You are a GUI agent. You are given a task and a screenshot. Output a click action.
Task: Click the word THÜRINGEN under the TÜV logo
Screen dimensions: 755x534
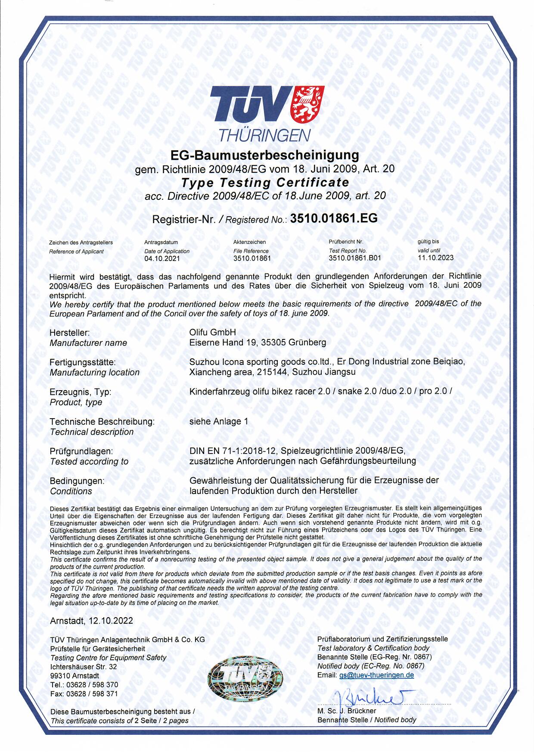[264, 136]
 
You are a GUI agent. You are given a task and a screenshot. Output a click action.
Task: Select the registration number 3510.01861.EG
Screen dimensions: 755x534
[334, 218]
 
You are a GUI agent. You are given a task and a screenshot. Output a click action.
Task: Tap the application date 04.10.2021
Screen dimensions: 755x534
[162, 259]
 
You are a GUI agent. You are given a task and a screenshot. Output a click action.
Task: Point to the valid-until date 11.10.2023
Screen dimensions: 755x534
[435, 258]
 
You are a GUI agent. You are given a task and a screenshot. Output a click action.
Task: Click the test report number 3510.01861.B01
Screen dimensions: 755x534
[354, 258]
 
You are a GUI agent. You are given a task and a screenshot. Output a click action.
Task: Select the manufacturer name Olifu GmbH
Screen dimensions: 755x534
[213, 332]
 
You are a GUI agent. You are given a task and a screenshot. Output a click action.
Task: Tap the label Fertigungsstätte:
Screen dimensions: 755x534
[83, 362]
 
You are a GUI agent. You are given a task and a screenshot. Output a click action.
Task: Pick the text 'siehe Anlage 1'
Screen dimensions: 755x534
[219, 422]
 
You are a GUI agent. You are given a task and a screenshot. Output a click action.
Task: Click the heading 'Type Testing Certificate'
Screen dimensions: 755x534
[265, 182]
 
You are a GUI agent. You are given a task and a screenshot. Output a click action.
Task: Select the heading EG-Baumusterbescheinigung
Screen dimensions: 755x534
[265, 155]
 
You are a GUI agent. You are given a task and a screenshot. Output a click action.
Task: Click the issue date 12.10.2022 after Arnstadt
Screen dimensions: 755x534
[111, 621]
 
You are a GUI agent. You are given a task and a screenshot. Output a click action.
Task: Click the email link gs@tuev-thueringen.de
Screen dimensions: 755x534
[376, 675]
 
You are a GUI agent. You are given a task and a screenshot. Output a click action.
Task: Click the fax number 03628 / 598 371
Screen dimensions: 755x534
[93, 694]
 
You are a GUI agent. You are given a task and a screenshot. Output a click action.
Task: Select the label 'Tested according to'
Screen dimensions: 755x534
[89, 462]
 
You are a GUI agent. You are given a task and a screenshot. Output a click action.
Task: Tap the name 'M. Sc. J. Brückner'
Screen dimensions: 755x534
[347, 711]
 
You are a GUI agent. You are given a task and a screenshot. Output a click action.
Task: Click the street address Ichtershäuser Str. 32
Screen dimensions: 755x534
[84, 667]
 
